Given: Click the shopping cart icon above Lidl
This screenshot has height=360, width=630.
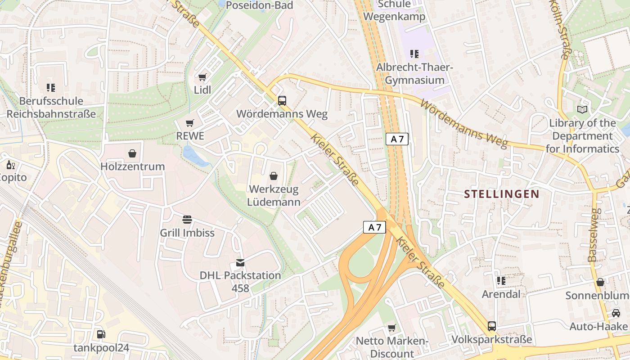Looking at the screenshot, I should (x=202, y=77).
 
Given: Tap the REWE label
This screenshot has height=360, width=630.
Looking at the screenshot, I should (x=190, y=136).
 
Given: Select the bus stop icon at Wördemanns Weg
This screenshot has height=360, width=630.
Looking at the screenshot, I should (x=282, y=101).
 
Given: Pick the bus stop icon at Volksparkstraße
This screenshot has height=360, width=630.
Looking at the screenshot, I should (x=492, y=326).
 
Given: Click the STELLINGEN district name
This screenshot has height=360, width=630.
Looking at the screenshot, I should (x=501, y=194).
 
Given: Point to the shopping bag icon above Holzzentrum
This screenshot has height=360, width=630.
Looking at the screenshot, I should (x=132, y=154).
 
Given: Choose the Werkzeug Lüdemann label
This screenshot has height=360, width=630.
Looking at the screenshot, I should (x=274, y=195).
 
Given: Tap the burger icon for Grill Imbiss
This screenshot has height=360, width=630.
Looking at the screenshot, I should (x=187, y=220).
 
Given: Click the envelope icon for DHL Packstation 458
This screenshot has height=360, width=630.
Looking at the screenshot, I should (x=240, y=263).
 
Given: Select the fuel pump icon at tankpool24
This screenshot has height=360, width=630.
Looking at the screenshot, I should (x=101, y=334).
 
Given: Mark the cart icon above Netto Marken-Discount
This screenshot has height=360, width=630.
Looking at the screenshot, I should (x=391, y=328).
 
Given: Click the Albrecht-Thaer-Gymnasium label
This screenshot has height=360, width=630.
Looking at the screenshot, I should (x=414, y=74).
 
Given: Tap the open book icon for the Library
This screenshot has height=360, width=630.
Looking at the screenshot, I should (x=582, y=109).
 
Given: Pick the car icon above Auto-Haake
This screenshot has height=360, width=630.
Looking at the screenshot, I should (x=616, y=313).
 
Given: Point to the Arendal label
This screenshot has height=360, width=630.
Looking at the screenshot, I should (x=501, y=294).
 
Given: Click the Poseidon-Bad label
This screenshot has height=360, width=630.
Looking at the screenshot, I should (x=259, y=5).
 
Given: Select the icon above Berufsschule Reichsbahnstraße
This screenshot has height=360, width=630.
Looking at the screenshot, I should (x=51, y=88).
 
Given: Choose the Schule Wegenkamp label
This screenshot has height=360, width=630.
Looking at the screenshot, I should (x=394, y=10).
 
